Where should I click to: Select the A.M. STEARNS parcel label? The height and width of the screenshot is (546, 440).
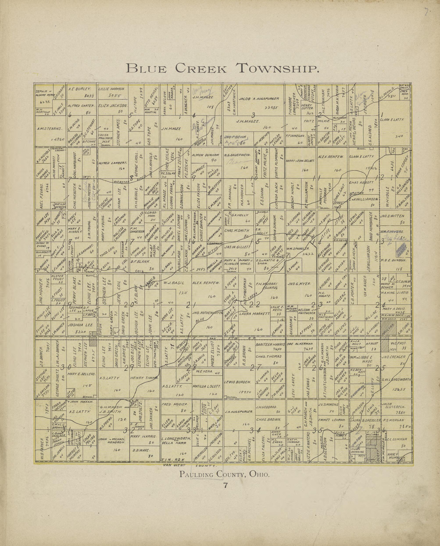(x=49, y=128)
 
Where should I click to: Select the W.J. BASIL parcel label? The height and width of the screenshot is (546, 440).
(x=174, y=283)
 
